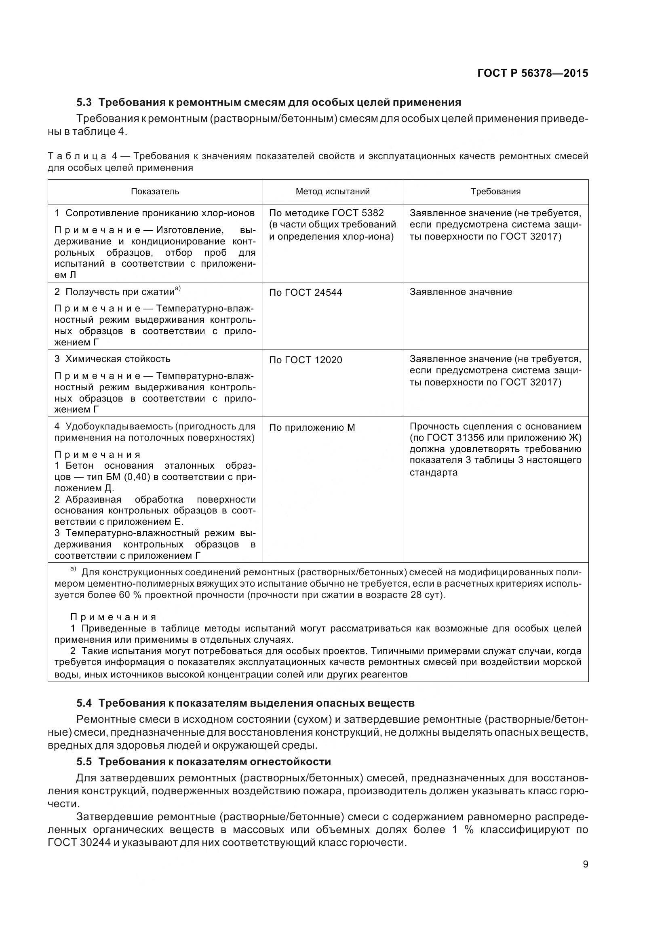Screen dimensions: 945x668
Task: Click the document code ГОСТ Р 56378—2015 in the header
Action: tap(533, 73)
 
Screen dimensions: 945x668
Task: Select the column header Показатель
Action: tap(155, 192)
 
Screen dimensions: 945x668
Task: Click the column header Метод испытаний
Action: tap(333, 192)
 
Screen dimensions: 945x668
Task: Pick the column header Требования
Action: tap(495, 192)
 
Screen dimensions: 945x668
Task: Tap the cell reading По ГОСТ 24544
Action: tap(306, 293)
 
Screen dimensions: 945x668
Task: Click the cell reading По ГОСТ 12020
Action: tap(306, 360)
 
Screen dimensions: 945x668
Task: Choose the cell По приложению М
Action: tap(312, 427)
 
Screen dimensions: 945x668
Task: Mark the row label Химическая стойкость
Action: tap(118, 359)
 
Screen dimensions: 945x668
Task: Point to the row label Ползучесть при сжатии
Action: tap(120, 292)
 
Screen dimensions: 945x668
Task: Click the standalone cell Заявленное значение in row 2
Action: tap(461, 292)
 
